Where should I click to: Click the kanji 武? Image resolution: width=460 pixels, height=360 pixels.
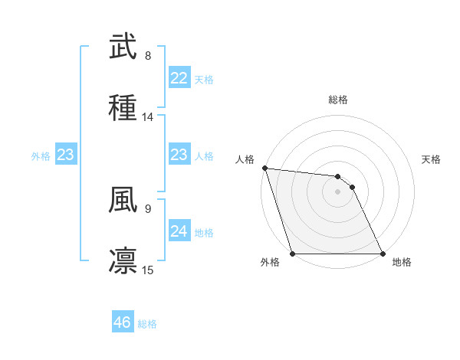(123, 47)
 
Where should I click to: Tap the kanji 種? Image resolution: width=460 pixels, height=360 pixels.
(123, 107)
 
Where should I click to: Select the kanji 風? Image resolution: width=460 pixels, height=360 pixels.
(123, 199)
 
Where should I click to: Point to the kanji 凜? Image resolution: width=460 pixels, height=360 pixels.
(123, 260)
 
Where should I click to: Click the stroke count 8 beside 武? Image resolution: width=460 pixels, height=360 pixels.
(148, 56)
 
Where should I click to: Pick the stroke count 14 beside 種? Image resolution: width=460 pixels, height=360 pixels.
(148, 117)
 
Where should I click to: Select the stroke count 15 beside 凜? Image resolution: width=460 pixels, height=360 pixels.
(148, 270)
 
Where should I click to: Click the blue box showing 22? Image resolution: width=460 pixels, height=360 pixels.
(179, 78)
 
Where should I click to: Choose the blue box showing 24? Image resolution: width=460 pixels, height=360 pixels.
(179, 231)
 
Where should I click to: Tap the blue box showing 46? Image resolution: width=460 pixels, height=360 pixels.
(122, 322)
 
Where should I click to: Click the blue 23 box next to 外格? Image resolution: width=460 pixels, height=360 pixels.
(66, 155)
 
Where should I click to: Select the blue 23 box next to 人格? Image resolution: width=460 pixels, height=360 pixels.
(179, 155)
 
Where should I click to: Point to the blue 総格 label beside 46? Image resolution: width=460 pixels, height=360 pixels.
(147, 323)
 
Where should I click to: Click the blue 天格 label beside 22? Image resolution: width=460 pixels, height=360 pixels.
(204, 79)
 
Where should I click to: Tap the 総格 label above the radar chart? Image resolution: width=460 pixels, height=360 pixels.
(338, 100)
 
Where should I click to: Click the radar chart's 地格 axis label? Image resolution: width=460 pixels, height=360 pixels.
(402, 262)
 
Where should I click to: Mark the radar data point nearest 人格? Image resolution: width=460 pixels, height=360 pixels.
(264, 168)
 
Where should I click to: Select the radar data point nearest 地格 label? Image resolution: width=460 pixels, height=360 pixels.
(383, 254)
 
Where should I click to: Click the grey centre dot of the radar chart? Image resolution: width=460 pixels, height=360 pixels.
(338, 191)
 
